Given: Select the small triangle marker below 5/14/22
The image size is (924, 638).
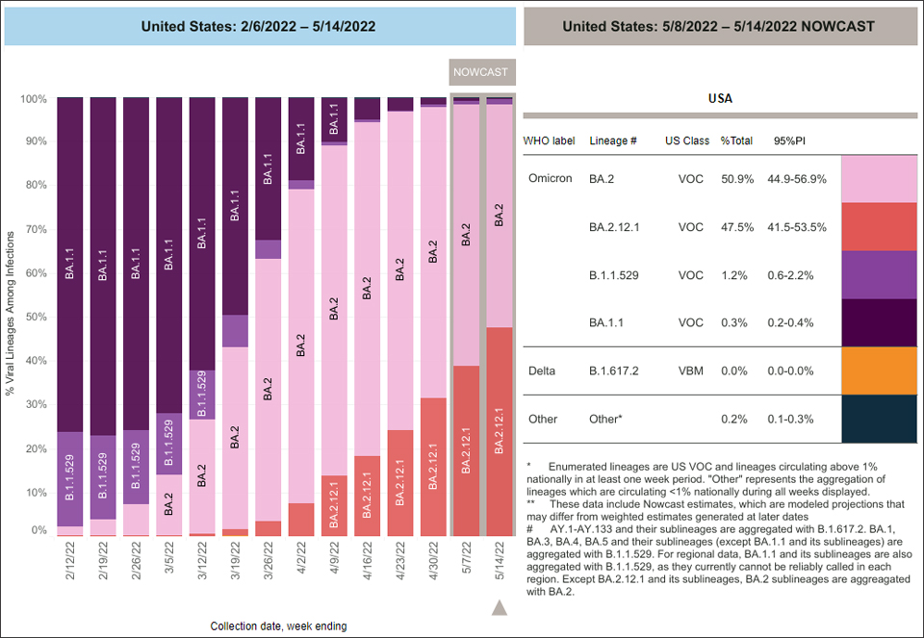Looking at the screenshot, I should point(499,607).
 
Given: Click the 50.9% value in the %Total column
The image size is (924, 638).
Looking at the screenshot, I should point(736,179).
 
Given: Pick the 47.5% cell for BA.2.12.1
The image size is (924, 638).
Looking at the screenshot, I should point(736,227).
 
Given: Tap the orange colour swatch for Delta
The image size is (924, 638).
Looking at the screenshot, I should point(878,371).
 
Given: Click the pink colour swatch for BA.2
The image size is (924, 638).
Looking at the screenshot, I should point(878,178).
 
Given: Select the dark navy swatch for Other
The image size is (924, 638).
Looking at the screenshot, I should point(878,420).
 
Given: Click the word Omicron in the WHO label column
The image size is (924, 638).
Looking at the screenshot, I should point(551,179).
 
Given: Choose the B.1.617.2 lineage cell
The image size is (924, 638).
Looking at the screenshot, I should point(616,371).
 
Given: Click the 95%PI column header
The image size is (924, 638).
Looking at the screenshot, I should point(790,140).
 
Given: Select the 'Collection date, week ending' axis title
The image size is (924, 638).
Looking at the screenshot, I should point(279,626).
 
